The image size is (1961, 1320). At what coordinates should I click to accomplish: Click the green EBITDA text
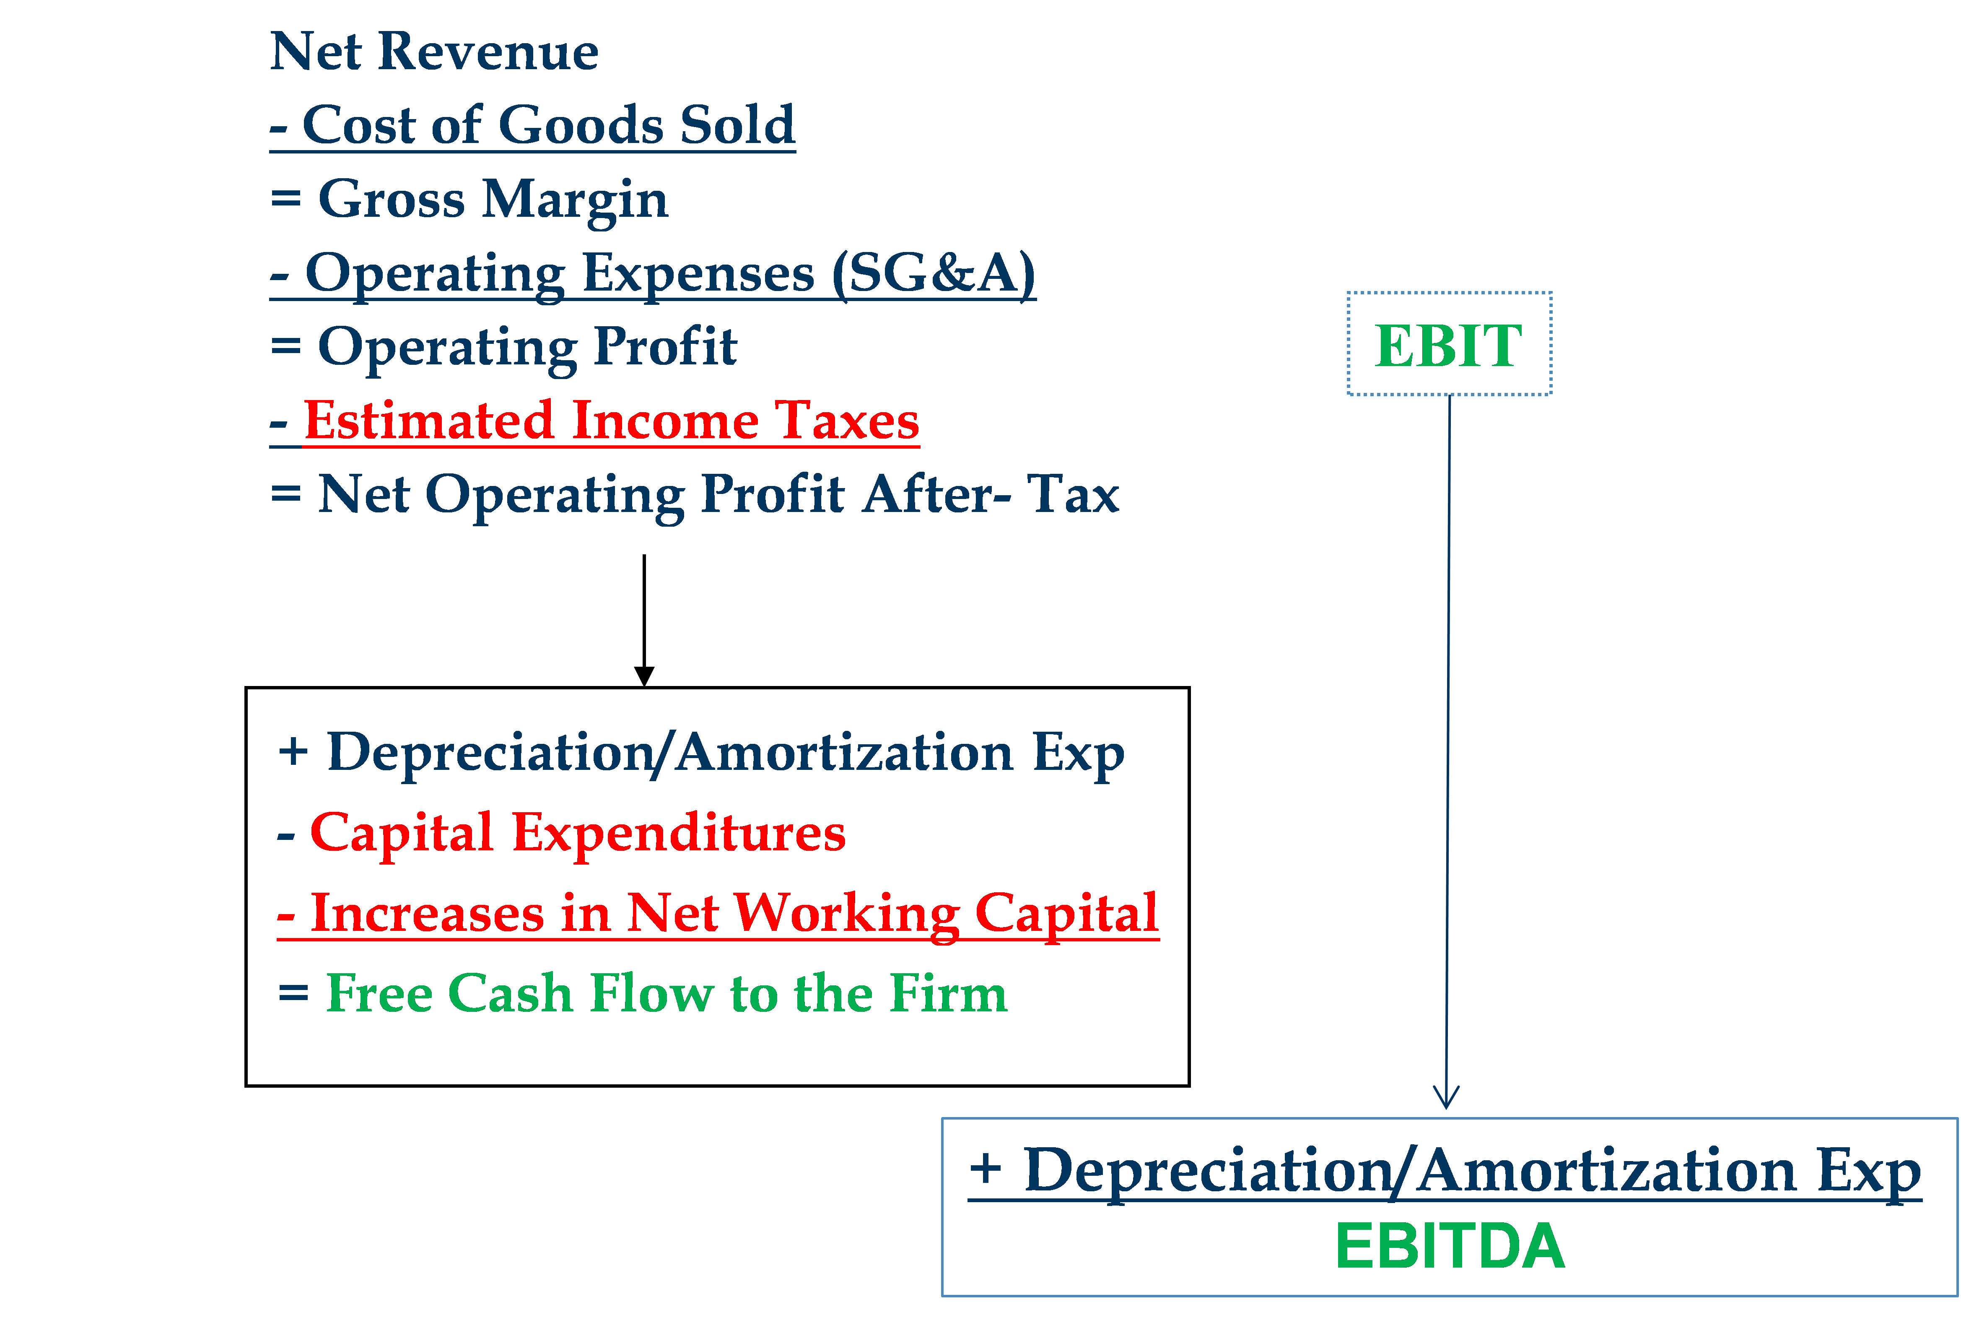pyautogui.click(x=1450, y=1247)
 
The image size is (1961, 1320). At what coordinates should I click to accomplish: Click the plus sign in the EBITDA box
pyautogui.click(x=986, y=1169)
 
